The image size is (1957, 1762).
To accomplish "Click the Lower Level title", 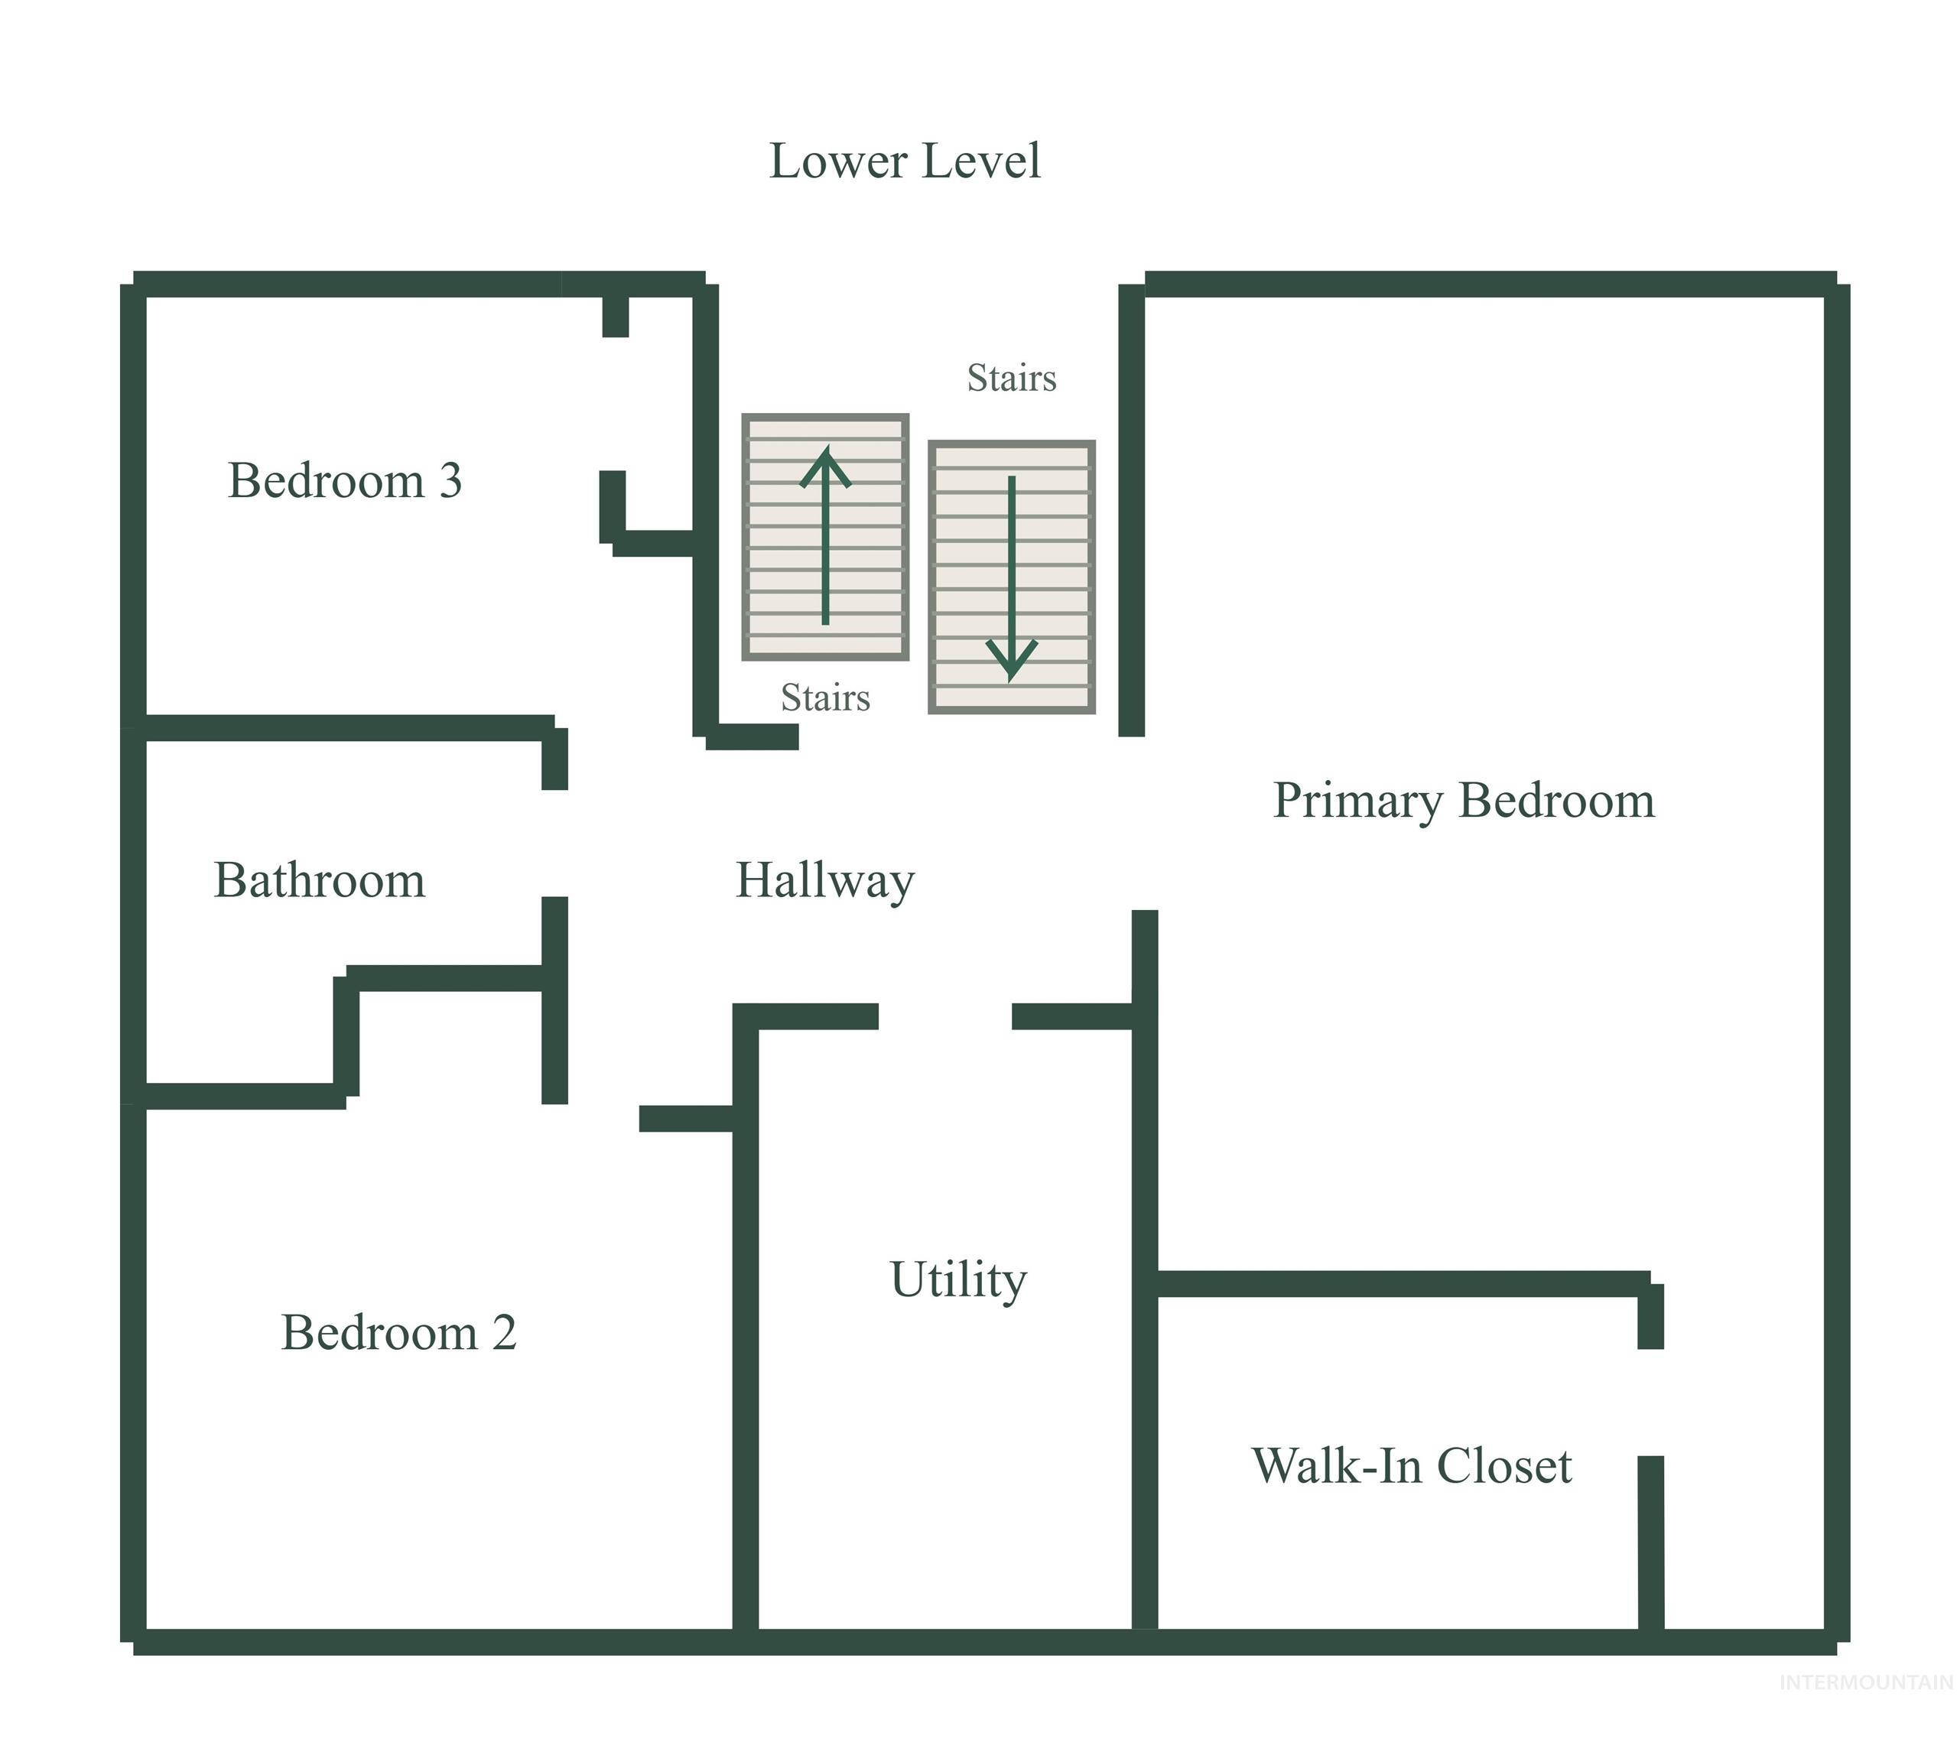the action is tap(905, 161).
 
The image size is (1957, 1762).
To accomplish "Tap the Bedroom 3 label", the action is tap(345, 480).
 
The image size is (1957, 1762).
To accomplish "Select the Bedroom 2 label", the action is tap(399, 1332).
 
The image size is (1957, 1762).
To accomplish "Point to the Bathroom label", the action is tap(320, 880).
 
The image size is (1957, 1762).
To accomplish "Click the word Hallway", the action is tap(825, 882).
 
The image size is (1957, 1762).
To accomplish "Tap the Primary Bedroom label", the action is tap(1463, 801).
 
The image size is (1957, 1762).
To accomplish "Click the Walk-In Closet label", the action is tap(1412, 1466).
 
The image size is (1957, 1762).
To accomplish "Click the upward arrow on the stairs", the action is tap(825, 535).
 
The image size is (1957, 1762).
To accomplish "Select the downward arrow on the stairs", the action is tap(1012, 578).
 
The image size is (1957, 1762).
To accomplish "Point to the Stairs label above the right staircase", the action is tap(1012, 378).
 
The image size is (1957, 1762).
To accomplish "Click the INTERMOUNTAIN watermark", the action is tap(1866, 1682).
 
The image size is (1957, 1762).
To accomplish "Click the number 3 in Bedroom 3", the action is tap(450, 481).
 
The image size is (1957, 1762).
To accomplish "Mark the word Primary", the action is tap(1357, 801).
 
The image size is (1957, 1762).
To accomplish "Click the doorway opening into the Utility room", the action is tap(945, 1016).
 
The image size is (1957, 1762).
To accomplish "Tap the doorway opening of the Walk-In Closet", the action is tap(1651, 1403).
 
